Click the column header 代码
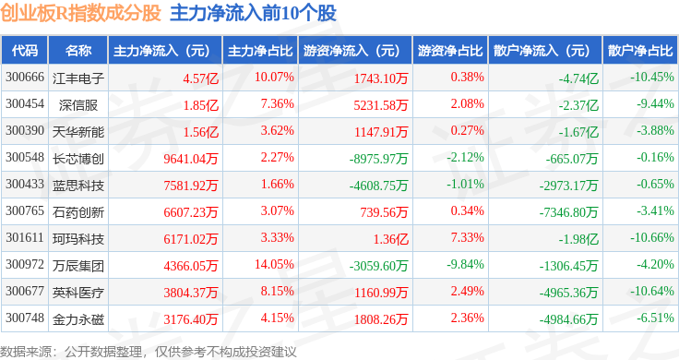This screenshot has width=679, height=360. coord(25,51)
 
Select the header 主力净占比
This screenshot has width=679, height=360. coord(260,51)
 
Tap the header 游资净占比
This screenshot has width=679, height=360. coord(450,51)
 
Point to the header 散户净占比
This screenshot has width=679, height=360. coord(640,51)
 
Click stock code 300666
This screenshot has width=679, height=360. coord(25,78)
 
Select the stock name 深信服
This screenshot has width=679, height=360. coord(78,105)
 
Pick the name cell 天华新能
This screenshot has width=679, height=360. coord(78,132)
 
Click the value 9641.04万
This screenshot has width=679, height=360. coord(191,159)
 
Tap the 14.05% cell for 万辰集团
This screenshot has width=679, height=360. coord(274,264)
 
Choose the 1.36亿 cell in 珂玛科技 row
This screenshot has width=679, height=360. coord(391,239)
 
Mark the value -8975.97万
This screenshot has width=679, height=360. coord(378,159)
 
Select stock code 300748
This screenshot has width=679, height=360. coord(25,318)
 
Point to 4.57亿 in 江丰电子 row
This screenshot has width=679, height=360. coord(200,78)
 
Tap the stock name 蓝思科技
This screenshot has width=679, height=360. coord(78,186)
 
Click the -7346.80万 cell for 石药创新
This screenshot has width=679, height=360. coord(568,212)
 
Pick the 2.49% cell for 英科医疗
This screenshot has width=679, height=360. coord(467,291)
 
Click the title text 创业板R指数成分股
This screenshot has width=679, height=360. coord(80,13)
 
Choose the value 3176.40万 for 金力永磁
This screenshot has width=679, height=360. coord(191,319)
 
